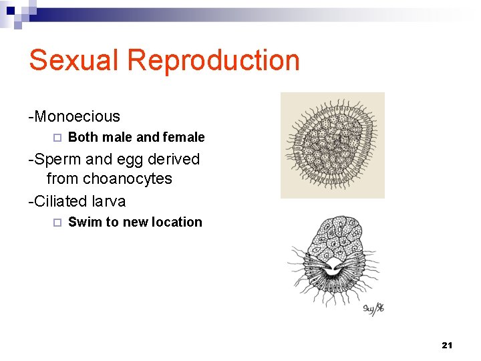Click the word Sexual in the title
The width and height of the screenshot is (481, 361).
click(74, 60)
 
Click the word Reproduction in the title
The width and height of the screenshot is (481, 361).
click(213, 60)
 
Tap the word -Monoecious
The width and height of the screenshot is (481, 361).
click(74, 116)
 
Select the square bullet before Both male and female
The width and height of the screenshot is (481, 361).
click(57, 138)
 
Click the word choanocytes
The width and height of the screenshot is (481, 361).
click(128, 179)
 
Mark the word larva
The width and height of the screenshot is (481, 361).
click(108, 201)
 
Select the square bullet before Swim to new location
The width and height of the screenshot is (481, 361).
click(57, 223)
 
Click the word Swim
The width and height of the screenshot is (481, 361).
click(85, 223)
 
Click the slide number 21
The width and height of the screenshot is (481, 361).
click(447, 345)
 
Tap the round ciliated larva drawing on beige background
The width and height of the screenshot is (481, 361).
click(332, 145)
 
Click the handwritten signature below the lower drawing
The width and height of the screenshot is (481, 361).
click(373, 308)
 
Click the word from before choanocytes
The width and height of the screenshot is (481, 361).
click(63, 179)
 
